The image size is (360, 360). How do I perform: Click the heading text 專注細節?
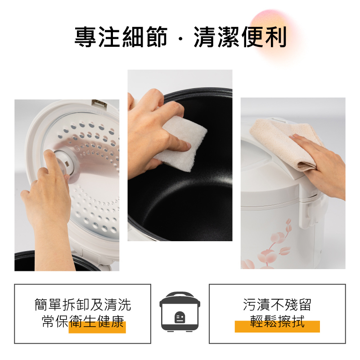point(121,37)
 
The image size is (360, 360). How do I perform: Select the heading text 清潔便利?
point(240,37)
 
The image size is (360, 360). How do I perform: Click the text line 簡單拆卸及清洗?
point(83,305)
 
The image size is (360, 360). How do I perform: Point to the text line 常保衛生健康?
point(83,322)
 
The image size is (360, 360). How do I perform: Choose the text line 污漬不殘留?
point(277,305)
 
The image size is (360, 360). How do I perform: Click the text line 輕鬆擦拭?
point(277,322)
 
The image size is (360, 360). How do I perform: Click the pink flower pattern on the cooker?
point(270,245)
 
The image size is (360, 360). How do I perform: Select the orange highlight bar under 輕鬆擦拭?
point(277,328)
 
